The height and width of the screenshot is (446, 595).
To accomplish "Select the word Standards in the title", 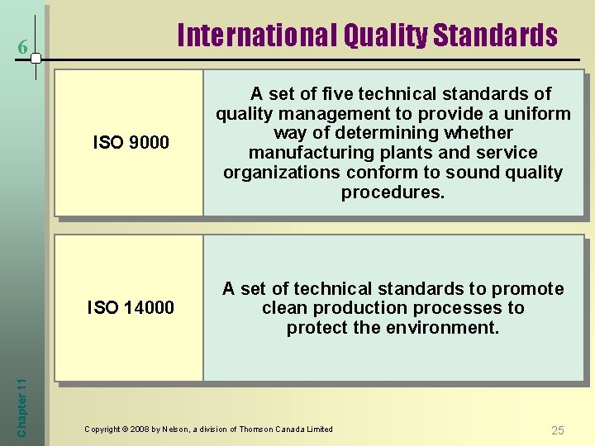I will click(x=495, y=36).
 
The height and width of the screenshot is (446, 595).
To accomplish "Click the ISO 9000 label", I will click(x=131, y=143).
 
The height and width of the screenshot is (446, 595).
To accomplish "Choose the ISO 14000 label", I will click(x=131, y=308).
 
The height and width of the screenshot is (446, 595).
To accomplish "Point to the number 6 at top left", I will click(x=24, y=50).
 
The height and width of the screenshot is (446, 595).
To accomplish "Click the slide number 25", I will click(x=558, y=430).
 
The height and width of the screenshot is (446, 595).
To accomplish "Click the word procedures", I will click(x=393, y=192).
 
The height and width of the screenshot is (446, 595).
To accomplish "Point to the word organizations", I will click(x=280, y=173).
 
